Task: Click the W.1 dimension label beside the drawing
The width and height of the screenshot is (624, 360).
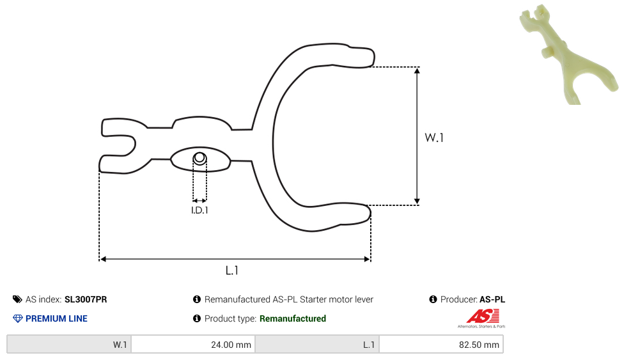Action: [x=433, y=137]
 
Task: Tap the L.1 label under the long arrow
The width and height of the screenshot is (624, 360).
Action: [x=231, y=270]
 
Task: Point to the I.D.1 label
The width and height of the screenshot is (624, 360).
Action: [x=199, y=210]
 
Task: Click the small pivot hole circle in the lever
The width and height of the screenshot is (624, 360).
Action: [x=199, y=159]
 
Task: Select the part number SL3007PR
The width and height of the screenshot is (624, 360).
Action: [x=86, y=299]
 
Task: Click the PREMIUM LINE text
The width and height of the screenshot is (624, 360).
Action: [x=56, y=318]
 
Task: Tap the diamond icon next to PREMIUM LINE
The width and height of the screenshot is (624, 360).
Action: [x=17, y=318]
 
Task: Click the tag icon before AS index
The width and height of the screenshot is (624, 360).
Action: [x=17, y=299]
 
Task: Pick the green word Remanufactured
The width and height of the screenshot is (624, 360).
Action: [x=293, y=318]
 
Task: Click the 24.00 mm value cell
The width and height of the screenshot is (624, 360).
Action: [x=193, y=345]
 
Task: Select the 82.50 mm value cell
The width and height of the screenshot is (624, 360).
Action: [x=441, y=345]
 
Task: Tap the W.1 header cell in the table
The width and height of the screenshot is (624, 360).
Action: [x=69, y=345]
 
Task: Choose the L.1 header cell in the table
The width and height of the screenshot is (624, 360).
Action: [x=317, y=345]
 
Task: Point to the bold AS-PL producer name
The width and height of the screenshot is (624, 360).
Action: [x=492, y=299]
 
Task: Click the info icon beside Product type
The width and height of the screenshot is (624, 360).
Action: [x=196, y=318]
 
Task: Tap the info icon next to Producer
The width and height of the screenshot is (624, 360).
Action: [x=433, y=299]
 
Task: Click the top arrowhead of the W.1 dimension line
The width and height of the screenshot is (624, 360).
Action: [x=417, y=71]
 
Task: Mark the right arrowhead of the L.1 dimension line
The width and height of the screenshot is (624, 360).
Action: [x=367, y=259]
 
